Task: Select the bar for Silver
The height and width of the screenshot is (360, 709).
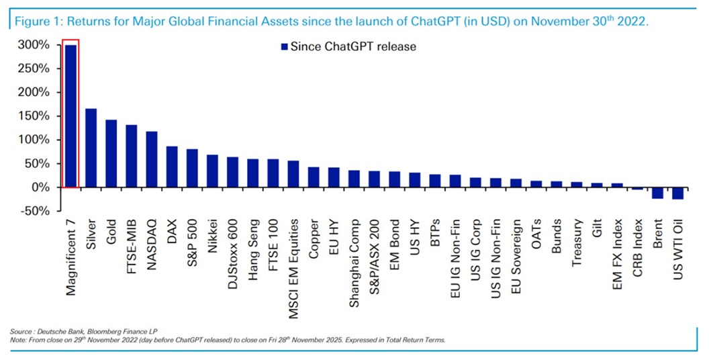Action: (91, 148)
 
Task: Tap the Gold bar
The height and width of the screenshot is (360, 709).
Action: (111, 154)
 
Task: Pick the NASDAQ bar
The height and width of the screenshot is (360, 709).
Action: (152, 159)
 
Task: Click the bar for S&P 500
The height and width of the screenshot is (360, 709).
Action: (192, 168)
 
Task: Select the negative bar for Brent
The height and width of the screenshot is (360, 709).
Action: (657, 193)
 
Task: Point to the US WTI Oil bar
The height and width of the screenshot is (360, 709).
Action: (677, 193)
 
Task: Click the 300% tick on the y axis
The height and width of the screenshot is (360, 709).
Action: (34, 45)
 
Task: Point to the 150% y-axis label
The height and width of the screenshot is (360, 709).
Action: (34, 116)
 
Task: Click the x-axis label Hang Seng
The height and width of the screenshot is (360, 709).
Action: (253, 242)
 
